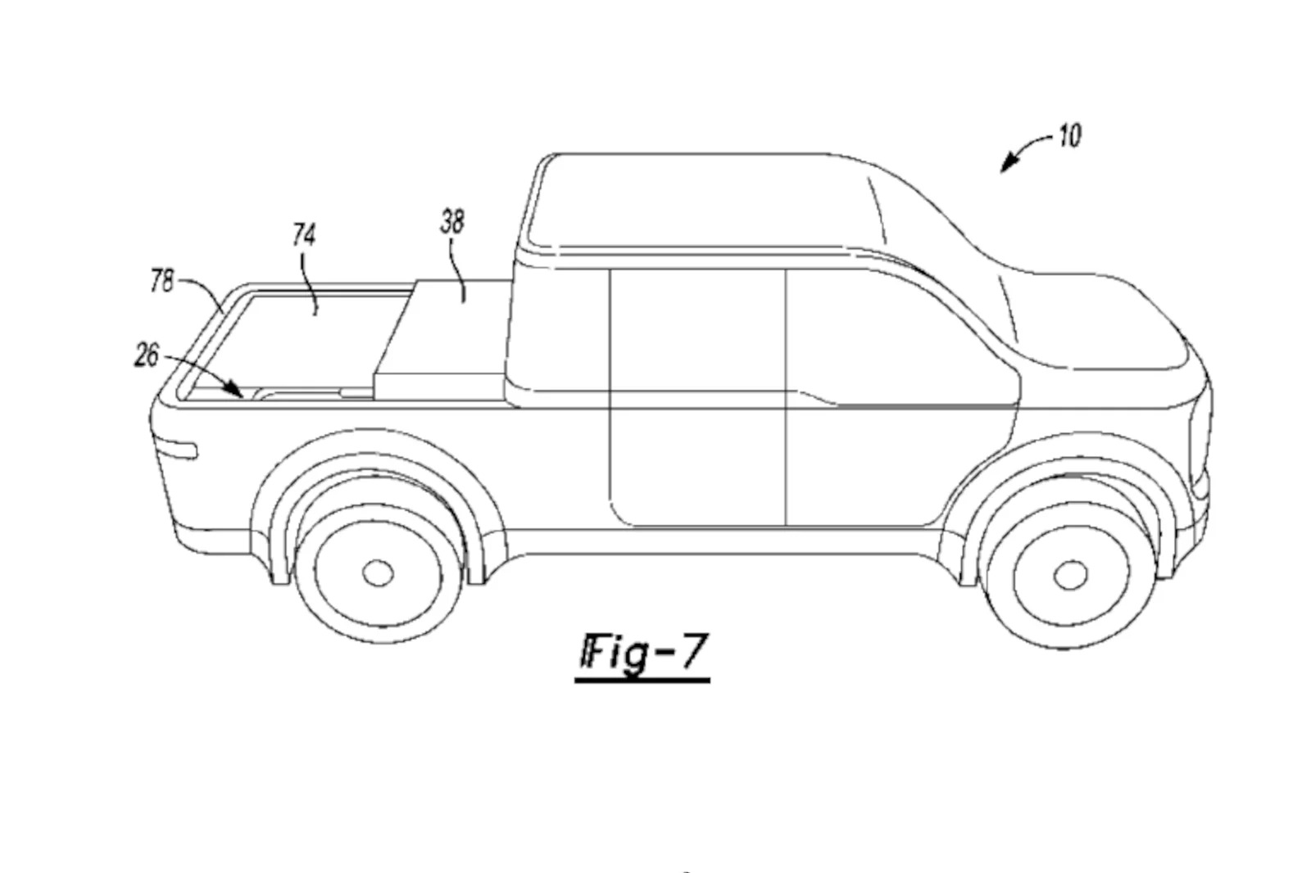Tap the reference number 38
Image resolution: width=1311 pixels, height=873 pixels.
click(452, 223)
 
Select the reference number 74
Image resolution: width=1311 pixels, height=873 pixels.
click(304, 235)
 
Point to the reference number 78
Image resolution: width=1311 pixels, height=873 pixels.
click(162, 281)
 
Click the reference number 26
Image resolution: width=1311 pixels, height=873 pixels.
click(147, 355)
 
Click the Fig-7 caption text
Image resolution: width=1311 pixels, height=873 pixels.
click(644, 652)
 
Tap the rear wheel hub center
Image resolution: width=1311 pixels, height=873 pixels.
click(378, 572)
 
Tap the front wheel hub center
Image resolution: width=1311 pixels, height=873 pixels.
click(1070, 575)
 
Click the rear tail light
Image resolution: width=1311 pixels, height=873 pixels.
click(175, 448)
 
